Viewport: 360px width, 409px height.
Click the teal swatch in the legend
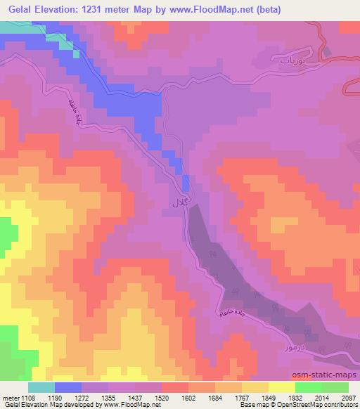41,387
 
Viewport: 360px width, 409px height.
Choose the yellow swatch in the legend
282,387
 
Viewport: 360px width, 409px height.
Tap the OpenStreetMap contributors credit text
316,405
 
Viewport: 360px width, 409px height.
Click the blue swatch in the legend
68,387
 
